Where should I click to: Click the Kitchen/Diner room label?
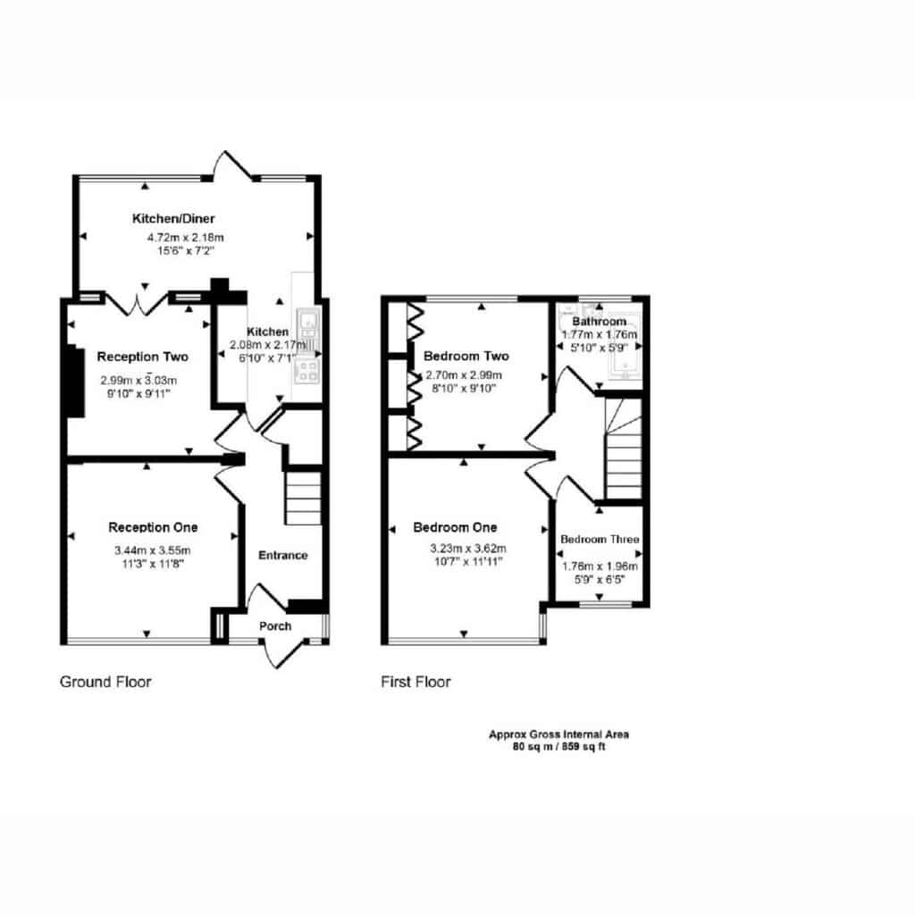[173, 219]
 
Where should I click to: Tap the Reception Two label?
[142, 357]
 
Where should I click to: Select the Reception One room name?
[153, 527]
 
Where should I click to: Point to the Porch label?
[275, 626]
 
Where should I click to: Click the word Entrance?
[283, 555]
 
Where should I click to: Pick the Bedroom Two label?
[466, 356]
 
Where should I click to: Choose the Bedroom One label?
[455, 527]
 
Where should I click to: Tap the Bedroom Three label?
[600, 539]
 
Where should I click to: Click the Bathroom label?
[600, 322]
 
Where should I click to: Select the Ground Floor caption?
[105, 682]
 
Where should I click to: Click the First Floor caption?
[416, 682]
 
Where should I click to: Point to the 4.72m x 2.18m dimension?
[186, 238]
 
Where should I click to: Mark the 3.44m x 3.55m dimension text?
[152, 550]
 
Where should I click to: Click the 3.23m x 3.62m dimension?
[468, 549]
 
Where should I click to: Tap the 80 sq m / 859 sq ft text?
[559, 746]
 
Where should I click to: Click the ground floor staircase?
[303, 498]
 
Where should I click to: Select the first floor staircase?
[624, 449]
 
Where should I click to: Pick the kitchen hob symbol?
[307, 371]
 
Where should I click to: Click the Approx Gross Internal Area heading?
[559, 735]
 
